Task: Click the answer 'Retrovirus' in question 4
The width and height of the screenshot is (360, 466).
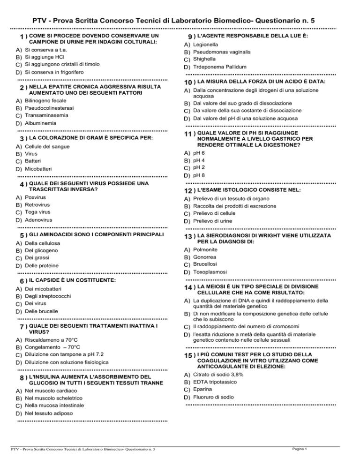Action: pos(38,205)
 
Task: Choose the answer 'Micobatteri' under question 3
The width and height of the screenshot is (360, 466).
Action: pos(39,168)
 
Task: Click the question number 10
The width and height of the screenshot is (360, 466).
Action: pos(188,83)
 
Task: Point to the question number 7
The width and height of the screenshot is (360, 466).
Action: pos(22,326)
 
